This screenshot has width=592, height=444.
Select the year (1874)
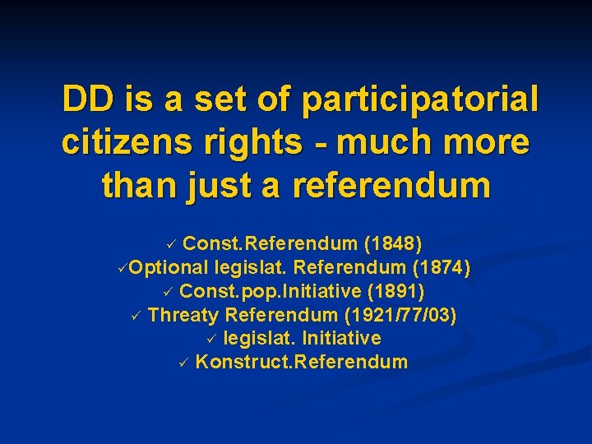click(441, 267)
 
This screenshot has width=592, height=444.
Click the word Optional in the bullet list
click(169, 267)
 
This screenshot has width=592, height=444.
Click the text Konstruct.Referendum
click(301, 362)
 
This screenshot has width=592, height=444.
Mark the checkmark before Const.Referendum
click(170, 244)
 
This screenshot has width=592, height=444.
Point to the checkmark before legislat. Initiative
click(210, 338)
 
